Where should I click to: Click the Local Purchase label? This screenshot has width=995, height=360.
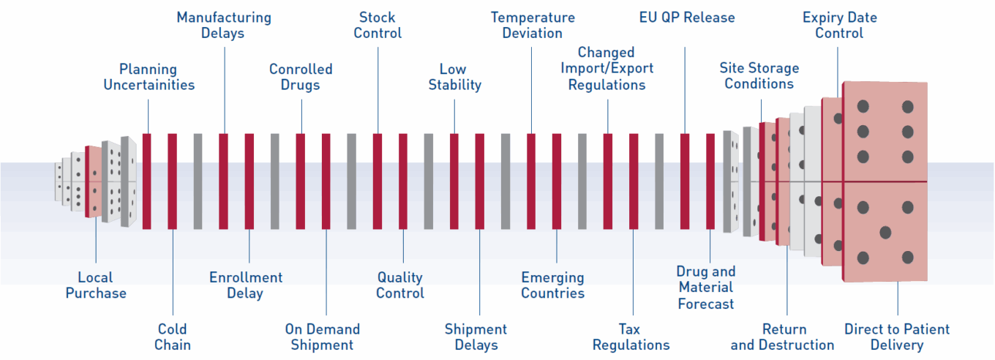[96, 285]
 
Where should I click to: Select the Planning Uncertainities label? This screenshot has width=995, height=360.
[149, 77]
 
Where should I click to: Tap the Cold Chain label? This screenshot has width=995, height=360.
[172, 337]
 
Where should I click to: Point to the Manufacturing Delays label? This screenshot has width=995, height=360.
[223, 25]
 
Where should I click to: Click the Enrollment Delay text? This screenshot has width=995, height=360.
[246, 285]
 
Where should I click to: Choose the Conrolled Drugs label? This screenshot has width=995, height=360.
[301, 77]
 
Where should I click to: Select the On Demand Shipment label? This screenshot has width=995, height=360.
[323, 337]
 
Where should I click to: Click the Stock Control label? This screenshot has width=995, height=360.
[378, 25]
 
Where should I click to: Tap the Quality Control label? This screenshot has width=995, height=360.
[400, 285]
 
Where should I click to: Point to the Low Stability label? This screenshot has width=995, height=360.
[454, 77]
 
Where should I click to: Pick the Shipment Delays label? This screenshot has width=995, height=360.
[476, 337]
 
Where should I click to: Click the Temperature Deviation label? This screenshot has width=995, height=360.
[533, 25]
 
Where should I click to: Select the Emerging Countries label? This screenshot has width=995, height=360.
[553, 285]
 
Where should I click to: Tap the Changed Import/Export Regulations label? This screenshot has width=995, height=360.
[607, 69]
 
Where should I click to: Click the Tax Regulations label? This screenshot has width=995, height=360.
[631, 337]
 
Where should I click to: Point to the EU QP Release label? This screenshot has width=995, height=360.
[687, 17]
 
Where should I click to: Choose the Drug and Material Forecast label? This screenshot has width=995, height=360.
[706, 288]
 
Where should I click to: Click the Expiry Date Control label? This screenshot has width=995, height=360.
[839, 25]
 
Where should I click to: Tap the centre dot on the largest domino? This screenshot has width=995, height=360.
[885, 233]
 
